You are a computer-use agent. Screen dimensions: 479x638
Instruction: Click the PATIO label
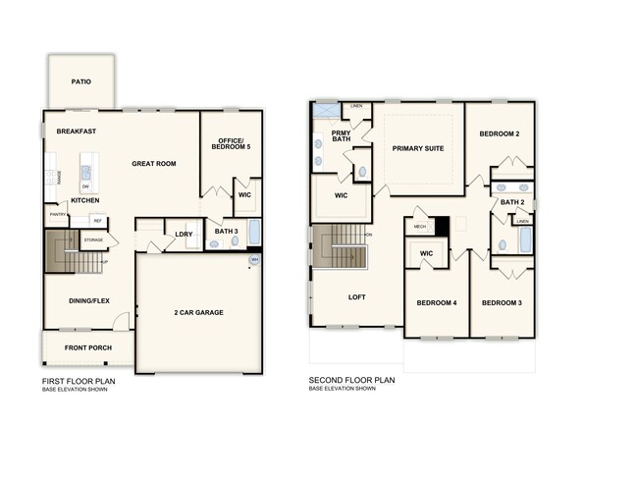80,81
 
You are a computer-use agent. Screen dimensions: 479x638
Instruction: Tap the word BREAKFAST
76,131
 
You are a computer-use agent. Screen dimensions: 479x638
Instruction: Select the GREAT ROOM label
154,164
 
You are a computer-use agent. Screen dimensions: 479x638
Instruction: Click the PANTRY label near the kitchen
57,214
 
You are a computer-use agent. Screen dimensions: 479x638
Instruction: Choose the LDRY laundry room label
184,234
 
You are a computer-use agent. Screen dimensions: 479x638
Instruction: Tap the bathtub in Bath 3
254,234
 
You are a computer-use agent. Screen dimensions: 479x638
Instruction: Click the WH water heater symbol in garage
254,260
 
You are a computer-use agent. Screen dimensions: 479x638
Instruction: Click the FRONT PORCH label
88,348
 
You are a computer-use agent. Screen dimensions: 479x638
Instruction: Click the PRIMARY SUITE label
418,148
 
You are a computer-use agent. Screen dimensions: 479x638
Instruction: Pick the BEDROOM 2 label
500,133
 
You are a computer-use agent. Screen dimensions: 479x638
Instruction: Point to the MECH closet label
420,226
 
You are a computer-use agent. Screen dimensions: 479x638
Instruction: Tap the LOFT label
357,295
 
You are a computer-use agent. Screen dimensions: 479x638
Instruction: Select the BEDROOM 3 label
501,302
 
